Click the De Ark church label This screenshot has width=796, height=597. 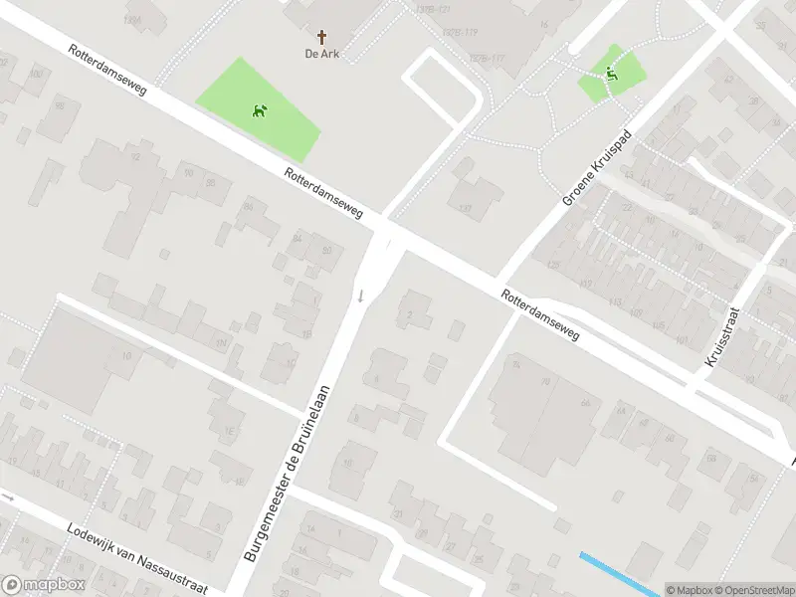tap(321, 54)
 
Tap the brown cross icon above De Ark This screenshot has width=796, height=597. tap(321, 36)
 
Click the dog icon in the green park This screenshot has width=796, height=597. tap(261, 109)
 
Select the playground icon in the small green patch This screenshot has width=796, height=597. tap(610, 72)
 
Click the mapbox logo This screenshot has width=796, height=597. tap(44, 585)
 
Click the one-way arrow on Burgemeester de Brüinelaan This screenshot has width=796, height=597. tap(361, 295)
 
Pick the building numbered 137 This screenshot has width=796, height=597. tap(465, 209)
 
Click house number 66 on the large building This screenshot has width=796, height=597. tap(586, 402)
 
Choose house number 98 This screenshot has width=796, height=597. tap(60, 105)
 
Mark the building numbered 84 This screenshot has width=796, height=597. tap(297, 238)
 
